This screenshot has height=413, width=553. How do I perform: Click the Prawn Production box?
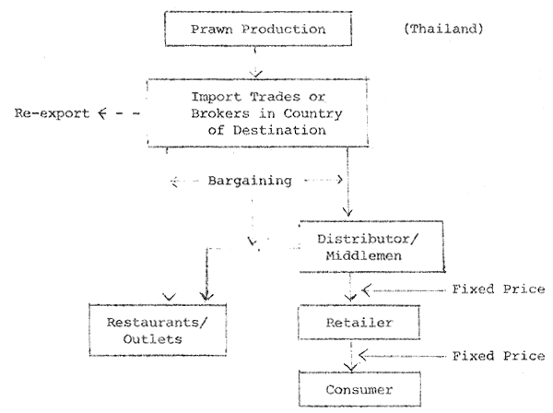[x=257, y=30]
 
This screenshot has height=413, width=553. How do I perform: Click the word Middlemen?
[x=364, y=255]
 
